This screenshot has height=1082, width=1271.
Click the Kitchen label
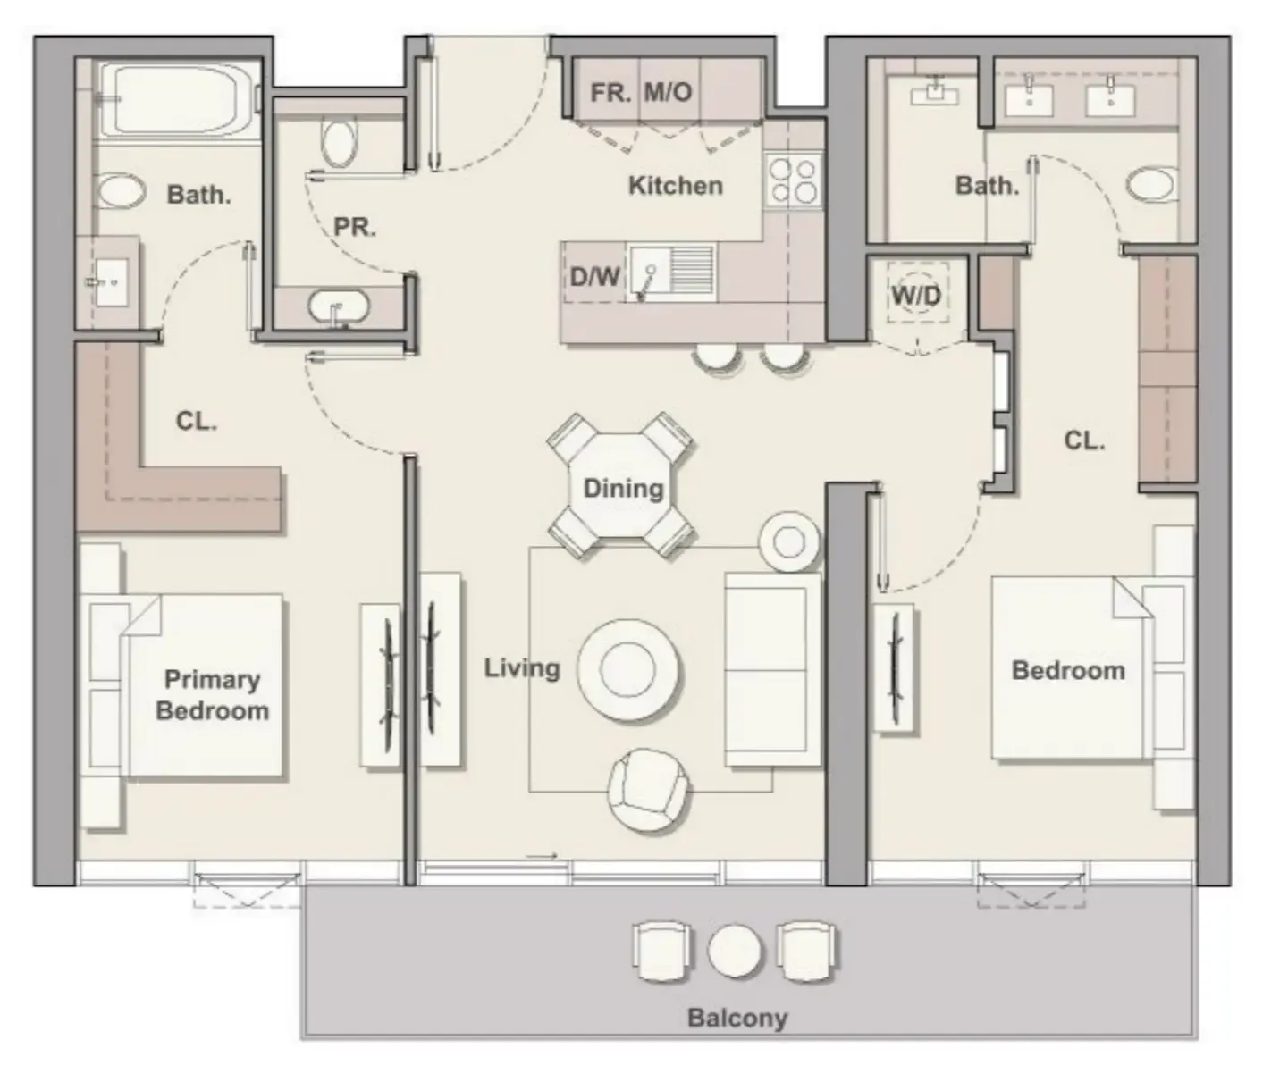click(675, 186)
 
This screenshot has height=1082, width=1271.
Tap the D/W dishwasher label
click(594, 277)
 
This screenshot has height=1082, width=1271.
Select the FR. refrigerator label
click(610, 92)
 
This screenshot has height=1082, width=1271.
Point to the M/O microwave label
click(669, 92)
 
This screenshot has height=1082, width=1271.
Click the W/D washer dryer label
click(917, 294)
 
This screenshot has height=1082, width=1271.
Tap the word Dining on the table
click(623, 488)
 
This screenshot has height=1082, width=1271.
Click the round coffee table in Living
click(628, 669)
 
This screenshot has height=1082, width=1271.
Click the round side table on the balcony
click(735, 950)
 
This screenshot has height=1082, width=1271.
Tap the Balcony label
click(737, 1018)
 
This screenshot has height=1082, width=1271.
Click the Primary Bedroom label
click(212, 695)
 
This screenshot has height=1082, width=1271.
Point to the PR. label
click(354, 227)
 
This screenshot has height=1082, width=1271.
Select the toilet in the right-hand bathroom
click(1150, 185)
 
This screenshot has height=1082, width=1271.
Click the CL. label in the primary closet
click(196, 421)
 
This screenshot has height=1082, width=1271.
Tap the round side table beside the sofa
click(789, 541)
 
